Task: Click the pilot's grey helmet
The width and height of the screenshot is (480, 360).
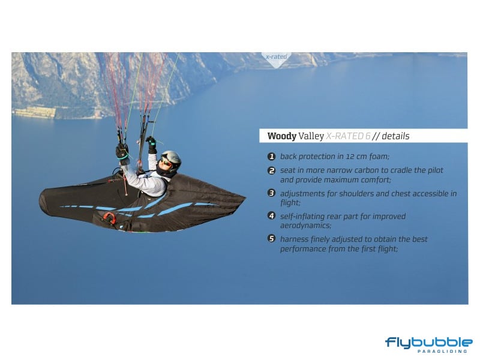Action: click(x=172, y=159)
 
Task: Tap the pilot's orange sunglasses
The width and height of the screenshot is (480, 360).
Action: click(x=166, y=162)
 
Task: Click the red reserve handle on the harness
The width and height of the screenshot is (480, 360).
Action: click(x=109, y=218)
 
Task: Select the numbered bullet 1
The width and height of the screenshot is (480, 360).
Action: click(x=272, y=157)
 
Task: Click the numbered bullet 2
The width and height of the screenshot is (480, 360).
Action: click(x=272, y=170)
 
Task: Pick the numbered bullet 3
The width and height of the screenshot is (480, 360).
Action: click(x=272, y=193)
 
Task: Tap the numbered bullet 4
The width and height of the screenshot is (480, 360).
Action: click(x=272, y=216)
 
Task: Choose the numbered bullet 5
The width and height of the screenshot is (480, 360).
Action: click(x=272, y=238)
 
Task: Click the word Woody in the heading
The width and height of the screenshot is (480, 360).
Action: click(x=282, y=136)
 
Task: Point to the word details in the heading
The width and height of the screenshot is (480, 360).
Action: click(x=395, y=136)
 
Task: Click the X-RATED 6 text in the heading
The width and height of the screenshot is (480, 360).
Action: click(x=349, y=136)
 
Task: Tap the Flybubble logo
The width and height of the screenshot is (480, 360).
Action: click(x=429, y=345)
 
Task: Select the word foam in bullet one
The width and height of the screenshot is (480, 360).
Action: click(x=379, y=157)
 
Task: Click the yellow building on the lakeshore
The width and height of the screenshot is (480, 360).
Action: click(x=35, y=112)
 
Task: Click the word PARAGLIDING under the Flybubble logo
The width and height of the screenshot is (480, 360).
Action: click(x=442, y=351)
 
